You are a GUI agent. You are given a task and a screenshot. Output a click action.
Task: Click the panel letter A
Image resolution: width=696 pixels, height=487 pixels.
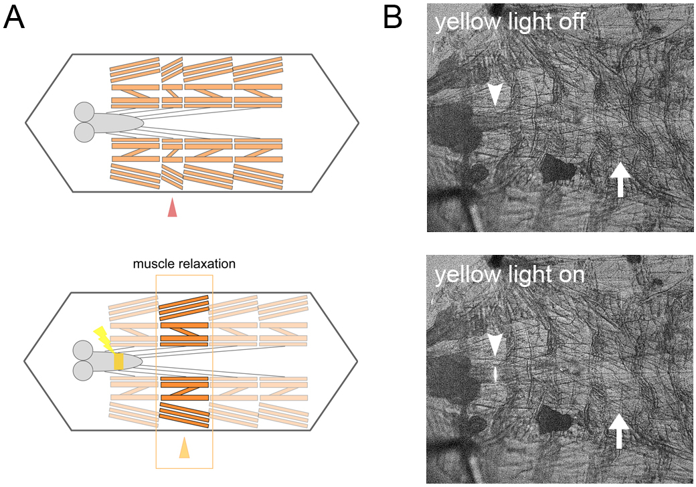pyautogui.click(x=14, y=18)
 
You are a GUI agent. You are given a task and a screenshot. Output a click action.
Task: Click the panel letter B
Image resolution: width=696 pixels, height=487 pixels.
pyautogui.click(x=393, y=18)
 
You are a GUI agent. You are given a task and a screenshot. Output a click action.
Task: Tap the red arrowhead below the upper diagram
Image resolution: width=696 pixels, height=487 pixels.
pyautogui.click(x=172, y=207)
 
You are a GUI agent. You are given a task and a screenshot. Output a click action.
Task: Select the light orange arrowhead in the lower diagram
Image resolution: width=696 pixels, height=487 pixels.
pyautogui.click(x=184, y=448)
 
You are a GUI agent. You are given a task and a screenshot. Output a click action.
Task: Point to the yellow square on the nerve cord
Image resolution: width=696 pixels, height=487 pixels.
pyautogui.click(x=118, y=361)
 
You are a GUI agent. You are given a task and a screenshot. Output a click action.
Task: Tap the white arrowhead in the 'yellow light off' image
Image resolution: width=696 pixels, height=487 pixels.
pyautogui.click(x=495, y=95)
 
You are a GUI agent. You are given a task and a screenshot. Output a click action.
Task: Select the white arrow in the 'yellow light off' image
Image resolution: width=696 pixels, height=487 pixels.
pyautogui.click(x=620, y=180)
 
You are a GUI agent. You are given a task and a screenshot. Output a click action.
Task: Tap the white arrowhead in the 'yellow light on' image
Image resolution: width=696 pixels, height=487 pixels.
pyautogui.click(x=495, y=345)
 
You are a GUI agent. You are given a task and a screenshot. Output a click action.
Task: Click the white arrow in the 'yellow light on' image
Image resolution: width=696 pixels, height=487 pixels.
pyautogui.click(x=619, y=431)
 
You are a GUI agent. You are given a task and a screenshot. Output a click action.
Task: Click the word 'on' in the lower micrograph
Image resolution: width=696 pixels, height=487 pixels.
pyautogui.click(x=570, y=275)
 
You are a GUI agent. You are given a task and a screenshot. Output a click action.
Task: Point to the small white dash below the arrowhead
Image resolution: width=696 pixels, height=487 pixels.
pyautogui.click(x=495, y=373)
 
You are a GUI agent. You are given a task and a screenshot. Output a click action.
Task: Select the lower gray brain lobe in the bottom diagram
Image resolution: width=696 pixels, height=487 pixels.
pyautogui.click(x=83, y=371)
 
